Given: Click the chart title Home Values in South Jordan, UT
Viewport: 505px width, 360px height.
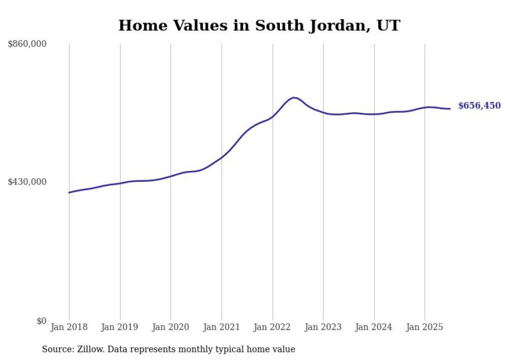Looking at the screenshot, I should pyautogui.click(x=259, y=25).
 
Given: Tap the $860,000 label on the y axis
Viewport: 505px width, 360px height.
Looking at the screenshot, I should pyautogui.click(x=27, y=44).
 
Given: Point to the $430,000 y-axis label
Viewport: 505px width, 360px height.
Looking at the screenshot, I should pyautogui.click(x=27, y=182).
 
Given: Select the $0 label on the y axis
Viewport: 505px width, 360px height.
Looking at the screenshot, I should pyautogui.click(x=41, y=321).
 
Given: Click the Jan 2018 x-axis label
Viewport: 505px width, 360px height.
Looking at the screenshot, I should pyautogui.click(x=69, y=327).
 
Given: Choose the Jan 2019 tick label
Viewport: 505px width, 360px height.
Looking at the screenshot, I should pyautogui.click(x=120, y=327).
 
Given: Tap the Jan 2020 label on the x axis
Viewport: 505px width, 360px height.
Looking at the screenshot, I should pyautogui.click(x=171, y=327).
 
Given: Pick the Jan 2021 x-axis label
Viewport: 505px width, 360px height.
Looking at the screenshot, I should pyautogui.click(x=222, y=327).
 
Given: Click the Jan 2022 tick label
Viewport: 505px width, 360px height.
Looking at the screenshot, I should pyautogui.click(x=273, y=327).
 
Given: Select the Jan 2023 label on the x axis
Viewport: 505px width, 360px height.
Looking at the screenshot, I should pyautogui.click(x=323, y=327).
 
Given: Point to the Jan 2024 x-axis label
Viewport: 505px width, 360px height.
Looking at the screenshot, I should pyautogui.click(x=374, y=327).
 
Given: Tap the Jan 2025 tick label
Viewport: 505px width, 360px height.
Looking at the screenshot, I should pyautogui.click(x=425, y=327).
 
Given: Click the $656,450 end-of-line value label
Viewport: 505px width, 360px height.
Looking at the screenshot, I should pyautogui.click(x=479, y=106).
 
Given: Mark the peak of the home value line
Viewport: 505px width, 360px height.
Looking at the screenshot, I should pyautogui.click(x=294, y=97).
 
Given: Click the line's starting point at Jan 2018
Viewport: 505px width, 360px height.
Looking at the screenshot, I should pyautogui.click(x=69, y=193).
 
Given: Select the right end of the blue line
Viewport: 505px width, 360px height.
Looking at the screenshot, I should pyautogui.click(x=450, y=109).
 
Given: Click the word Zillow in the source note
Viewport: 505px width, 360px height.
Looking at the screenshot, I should pyautogui.click(x=89, y=349).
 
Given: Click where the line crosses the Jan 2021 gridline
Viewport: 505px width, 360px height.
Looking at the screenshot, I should pyautogui.click(x=222, y=157).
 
